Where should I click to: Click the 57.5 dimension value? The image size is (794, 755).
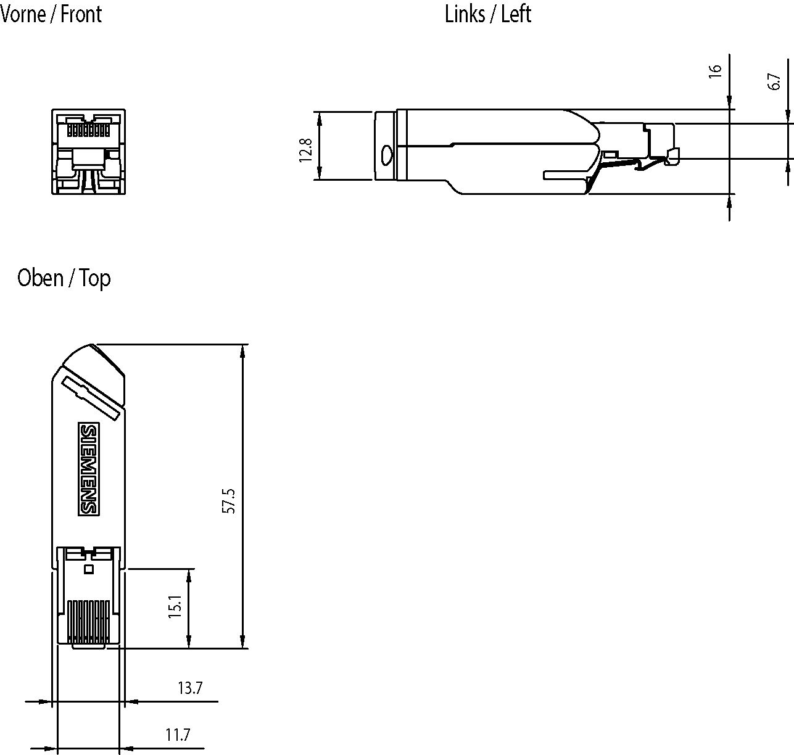point(229,501)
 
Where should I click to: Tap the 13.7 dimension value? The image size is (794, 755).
point(190,688)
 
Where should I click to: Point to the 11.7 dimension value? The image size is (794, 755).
point(178,735)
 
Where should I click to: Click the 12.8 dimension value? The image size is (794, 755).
point(307,150)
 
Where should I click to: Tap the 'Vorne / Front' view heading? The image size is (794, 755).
point(51,14)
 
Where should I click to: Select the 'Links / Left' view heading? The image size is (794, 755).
point(487,14)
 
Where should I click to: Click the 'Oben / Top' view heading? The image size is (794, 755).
point(64,278)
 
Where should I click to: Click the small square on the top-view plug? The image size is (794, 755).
point(88,569)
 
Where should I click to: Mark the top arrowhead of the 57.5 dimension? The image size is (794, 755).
point(243,350)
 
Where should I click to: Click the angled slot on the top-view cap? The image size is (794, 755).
point(89,398)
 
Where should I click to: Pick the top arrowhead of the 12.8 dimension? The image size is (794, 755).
point(319,118)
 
